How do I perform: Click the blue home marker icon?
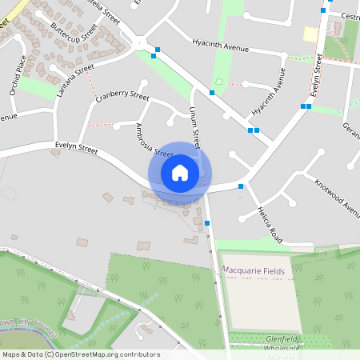[180, 173]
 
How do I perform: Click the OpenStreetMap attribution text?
[80, 354]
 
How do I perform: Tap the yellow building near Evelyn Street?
[310, 34]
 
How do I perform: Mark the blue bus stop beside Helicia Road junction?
[241, 186]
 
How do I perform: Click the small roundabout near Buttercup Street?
[142, 43]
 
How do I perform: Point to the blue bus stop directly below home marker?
[207, 222]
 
